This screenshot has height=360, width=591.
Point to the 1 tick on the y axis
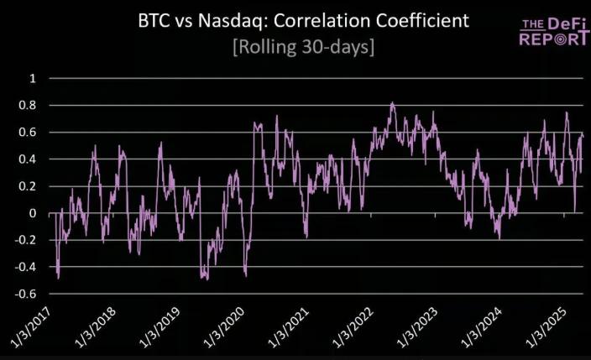coord(33,78)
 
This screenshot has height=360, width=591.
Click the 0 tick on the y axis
coord(33,213)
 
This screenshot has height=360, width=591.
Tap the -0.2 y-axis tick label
coord(27,240)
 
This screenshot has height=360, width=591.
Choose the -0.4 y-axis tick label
coord(27,267)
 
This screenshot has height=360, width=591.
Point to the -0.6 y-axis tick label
coord(27,294)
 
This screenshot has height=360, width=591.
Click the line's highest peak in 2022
coord(392,103)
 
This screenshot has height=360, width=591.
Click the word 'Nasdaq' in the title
coord(257,20)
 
